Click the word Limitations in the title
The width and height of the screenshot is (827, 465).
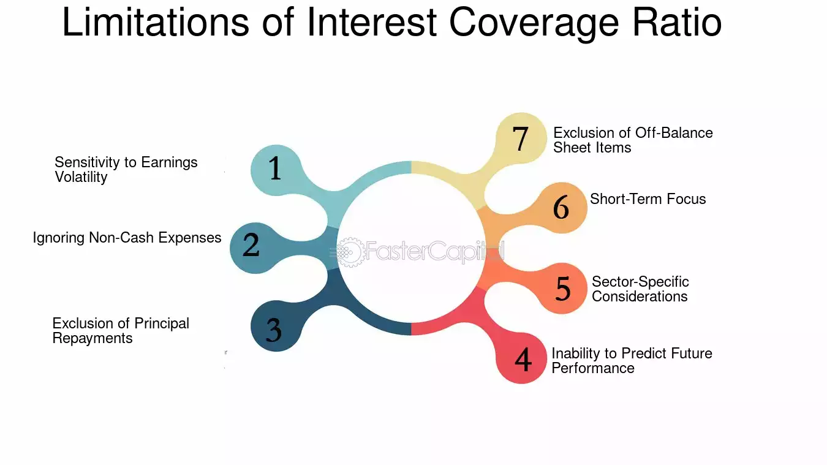tap(156, 22)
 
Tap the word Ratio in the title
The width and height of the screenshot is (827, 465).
tap(677, 22)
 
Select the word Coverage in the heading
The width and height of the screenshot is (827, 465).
tap(534, 24)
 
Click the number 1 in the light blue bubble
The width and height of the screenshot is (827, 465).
tap(274, 168)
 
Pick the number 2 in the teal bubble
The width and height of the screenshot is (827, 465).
tap(251, 244)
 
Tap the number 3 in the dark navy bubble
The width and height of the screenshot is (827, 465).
tap(274, 330)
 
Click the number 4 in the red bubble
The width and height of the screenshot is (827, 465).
tap(523, 359)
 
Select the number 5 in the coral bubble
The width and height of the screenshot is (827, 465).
tap(563, 288)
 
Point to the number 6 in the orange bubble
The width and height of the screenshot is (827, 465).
tap(561, 207)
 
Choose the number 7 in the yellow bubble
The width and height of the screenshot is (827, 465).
tap(520, 138)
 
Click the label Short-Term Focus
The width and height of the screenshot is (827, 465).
tap(648, 199)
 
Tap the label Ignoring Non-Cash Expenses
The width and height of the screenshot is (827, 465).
tap(127, 238)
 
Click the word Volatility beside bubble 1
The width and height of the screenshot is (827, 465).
tap(81, 177)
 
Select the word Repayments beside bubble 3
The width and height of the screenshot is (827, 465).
tap(93, 338)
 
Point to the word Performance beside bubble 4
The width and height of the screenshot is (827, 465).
tap(593, 368)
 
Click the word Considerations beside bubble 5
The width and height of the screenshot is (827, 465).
tap(640, 297)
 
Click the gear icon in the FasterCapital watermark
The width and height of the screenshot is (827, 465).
tap(350, 252)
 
